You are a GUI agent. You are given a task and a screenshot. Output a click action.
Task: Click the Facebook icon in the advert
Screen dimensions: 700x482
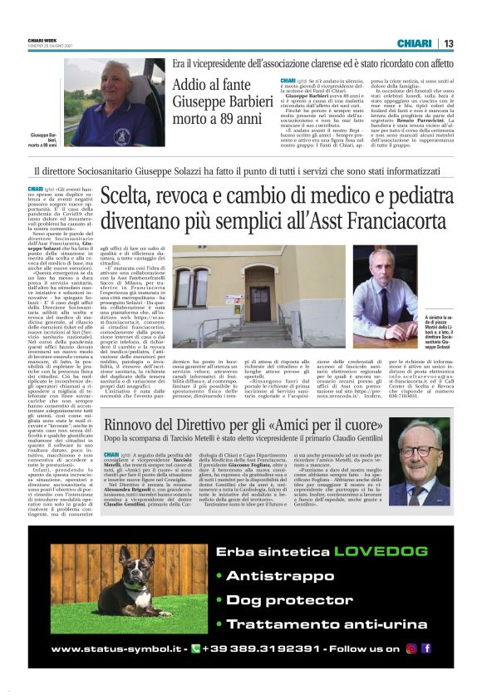click(x=425, y=648)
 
